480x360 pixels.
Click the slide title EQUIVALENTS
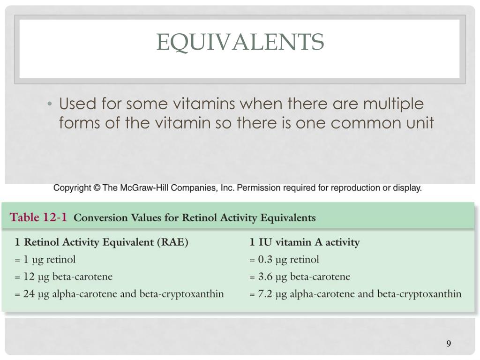point(240,42)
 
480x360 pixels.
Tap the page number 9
point(449,344)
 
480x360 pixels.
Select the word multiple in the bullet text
point(393,104)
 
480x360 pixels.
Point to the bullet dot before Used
point(50,104)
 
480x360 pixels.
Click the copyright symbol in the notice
point(97,187)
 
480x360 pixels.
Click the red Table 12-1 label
point(38,217)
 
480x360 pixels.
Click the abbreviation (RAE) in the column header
point(172,242)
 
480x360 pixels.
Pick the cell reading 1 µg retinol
point(45,260)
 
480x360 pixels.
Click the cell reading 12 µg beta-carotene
point(63,277)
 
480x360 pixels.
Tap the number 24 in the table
point(29,293)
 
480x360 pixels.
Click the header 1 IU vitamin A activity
point(305,242)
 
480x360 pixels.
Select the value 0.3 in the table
point(265,260)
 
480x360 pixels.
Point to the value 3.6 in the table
point(265,277)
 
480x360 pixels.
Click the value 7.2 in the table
point(265,294)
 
